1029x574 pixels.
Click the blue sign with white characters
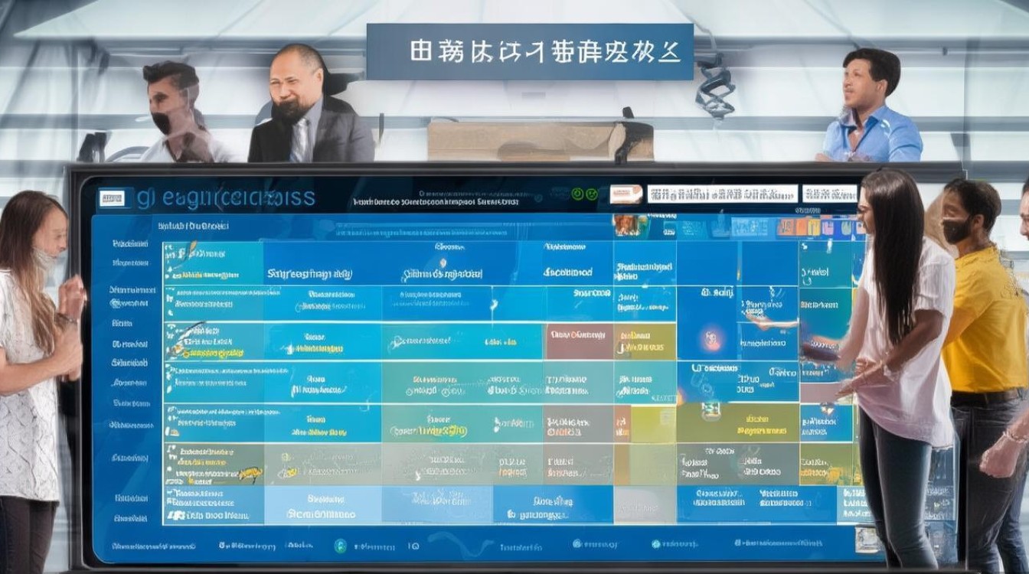pos(529,51)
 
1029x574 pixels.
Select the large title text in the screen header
pos(226,198)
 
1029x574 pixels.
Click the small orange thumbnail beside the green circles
pos(626,194)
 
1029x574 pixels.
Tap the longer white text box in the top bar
pos(722,194)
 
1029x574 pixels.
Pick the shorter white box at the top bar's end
pos(830,194)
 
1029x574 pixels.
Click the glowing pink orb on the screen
pos(711,336)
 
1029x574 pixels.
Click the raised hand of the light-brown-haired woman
pos(73,295)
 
